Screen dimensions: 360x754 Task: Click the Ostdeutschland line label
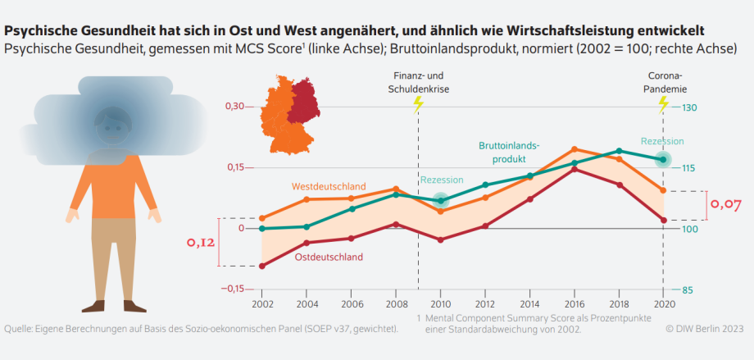click(329, 257)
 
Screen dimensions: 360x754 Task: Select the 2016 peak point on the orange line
click(574, 149)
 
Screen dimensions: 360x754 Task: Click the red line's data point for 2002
click(262, 267)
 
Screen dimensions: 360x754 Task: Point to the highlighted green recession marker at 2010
click(441, 201)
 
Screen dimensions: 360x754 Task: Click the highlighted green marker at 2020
click(663, 159)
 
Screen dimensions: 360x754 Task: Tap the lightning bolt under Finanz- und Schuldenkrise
click(418, 104)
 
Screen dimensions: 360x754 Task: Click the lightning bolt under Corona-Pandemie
click(663, 104)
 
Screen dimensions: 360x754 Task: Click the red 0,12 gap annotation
click(202, 243)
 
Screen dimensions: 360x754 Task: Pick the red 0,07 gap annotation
click(725, 203)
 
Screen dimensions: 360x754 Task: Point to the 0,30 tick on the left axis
click(234, 107)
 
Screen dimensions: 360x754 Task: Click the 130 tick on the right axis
click(687, 107)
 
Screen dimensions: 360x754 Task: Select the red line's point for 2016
click(574, 169)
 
